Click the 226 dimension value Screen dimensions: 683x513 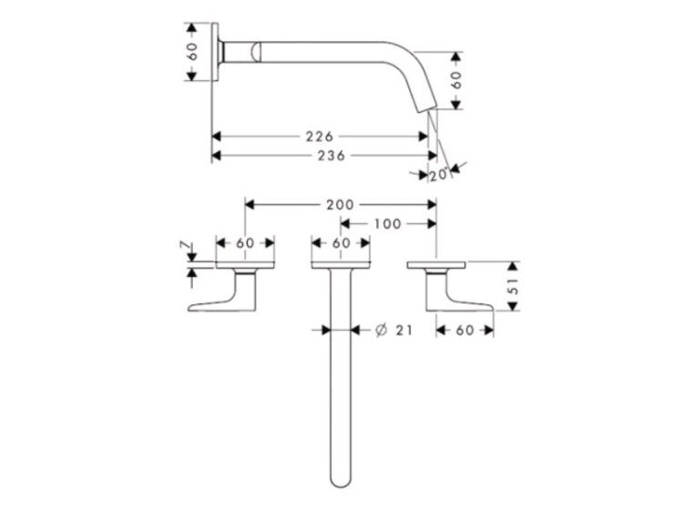click(320, 137)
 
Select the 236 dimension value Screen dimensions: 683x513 click(331, 155)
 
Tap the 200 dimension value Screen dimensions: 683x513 click(341, 204)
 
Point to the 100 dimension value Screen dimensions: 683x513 click(387, 223)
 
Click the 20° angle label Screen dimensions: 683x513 click(439, 175)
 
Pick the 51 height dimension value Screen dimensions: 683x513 click(515, 286)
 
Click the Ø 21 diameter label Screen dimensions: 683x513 click(393, 331)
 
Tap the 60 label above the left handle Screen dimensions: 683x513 click(245, 242)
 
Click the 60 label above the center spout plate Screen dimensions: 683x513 click(341, 242)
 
